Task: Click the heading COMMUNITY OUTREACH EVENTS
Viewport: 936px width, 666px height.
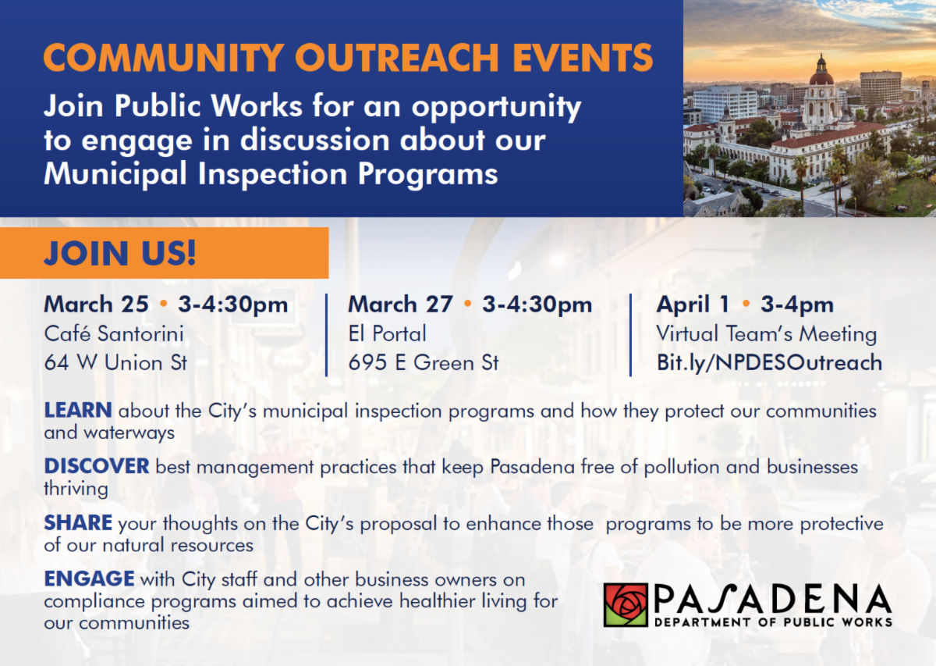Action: point(348,58)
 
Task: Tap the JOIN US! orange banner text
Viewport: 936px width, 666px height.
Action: point(120,253)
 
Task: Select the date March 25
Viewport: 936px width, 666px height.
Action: point(97,305)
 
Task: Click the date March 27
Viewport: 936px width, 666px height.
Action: point(400,305)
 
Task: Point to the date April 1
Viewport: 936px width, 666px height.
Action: point(693,305)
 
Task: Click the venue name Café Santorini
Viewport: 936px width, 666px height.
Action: point(114,334)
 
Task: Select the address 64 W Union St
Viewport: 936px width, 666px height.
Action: point(115,362)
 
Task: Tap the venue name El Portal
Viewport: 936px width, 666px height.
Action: point(388,334)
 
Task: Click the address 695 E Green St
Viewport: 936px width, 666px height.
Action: point(424,362)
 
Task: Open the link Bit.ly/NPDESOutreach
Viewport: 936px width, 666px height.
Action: point(769,363)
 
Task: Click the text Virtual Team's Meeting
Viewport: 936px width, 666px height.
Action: point(766,334)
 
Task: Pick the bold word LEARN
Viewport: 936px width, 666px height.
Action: point(78,410)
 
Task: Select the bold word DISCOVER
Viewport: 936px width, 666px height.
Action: point(97,466)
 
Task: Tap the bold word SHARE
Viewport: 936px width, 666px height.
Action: point(78,522)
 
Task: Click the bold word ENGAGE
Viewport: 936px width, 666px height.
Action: point(90,579)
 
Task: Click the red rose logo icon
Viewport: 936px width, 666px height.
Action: point(626,605)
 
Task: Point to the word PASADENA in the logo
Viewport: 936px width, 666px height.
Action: point(773,599)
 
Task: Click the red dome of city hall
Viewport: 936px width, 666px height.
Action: point(821,78)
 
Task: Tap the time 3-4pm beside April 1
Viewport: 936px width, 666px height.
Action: point(797,305)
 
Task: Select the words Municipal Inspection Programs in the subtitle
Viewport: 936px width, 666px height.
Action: point(271,173)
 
